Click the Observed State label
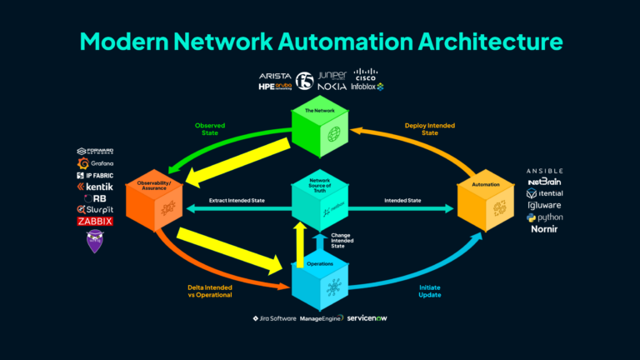click(209, 129)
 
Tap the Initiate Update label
click(427, 292)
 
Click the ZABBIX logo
click(94, 222)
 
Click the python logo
click(545, 217)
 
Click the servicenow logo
click(367, 318)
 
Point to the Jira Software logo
click(274, 318)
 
